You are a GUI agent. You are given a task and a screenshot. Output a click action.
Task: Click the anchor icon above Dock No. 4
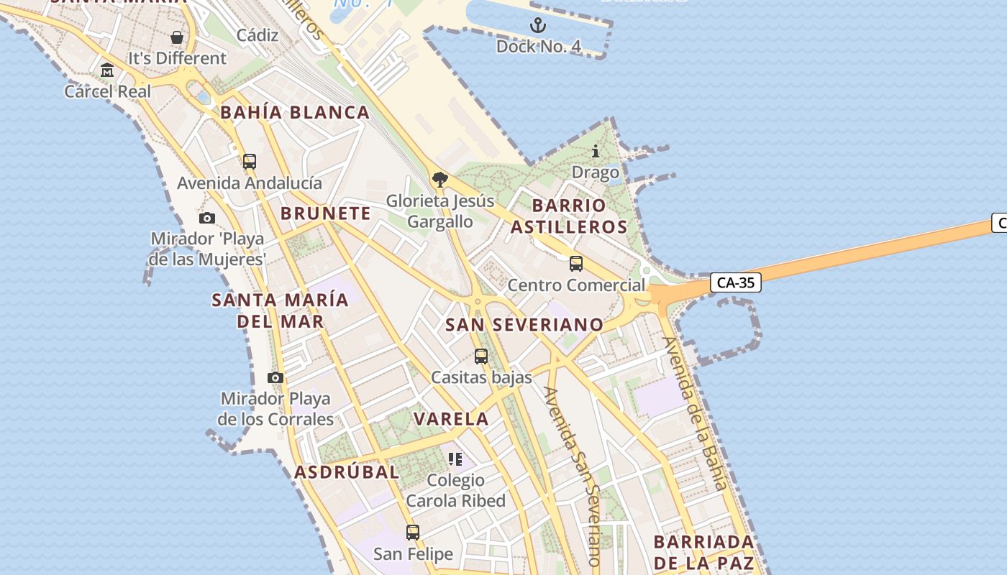click(538, 27)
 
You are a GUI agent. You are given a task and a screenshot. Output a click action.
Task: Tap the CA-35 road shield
click(736, 282)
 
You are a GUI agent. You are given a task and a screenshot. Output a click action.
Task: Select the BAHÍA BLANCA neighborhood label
click(295, 113)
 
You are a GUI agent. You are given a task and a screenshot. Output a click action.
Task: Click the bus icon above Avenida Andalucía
click(250, 162)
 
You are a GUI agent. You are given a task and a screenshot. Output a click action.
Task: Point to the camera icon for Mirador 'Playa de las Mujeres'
click(207, 218)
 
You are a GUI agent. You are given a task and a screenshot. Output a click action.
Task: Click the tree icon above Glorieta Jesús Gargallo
click(440, 180)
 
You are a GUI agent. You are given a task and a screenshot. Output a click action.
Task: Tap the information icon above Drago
click(596, 152)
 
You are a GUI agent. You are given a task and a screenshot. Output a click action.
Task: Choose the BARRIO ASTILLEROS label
click(579, 216)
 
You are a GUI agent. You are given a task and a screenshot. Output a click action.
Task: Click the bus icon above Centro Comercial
click(576, 264)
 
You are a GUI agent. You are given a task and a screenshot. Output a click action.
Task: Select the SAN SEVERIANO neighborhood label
click(524, 325)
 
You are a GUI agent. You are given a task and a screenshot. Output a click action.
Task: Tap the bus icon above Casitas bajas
click(481, 356)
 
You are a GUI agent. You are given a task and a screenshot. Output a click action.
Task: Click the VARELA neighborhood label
click(451, 419)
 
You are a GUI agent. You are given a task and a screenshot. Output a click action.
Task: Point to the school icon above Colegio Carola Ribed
click(455, 459)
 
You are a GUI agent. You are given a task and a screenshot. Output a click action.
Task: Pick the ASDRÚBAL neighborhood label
click(347, 472)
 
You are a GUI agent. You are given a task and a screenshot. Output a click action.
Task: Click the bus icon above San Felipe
click(413, 533)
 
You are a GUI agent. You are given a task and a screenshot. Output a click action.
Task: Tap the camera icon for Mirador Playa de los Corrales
click(275, 377)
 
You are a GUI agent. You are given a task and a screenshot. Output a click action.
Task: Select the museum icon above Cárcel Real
click(108, 70)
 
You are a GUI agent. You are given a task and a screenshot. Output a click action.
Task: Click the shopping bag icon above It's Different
click(177, 37)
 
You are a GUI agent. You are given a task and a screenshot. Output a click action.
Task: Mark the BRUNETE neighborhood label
click(326, 213)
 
